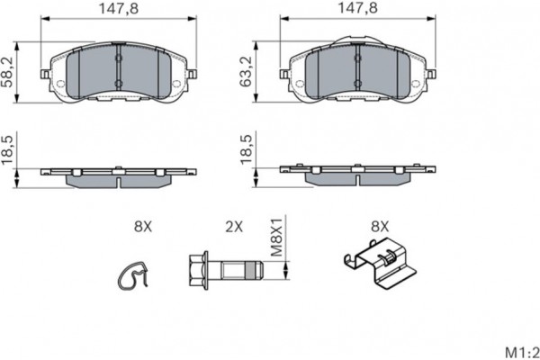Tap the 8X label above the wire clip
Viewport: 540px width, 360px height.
(141, 228)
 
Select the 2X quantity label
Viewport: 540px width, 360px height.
(234, 228)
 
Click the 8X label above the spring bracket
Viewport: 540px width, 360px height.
(379, 228)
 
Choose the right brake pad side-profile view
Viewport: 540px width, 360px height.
(357, 173)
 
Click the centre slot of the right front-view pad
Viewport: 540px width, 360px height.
(357, 72)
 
